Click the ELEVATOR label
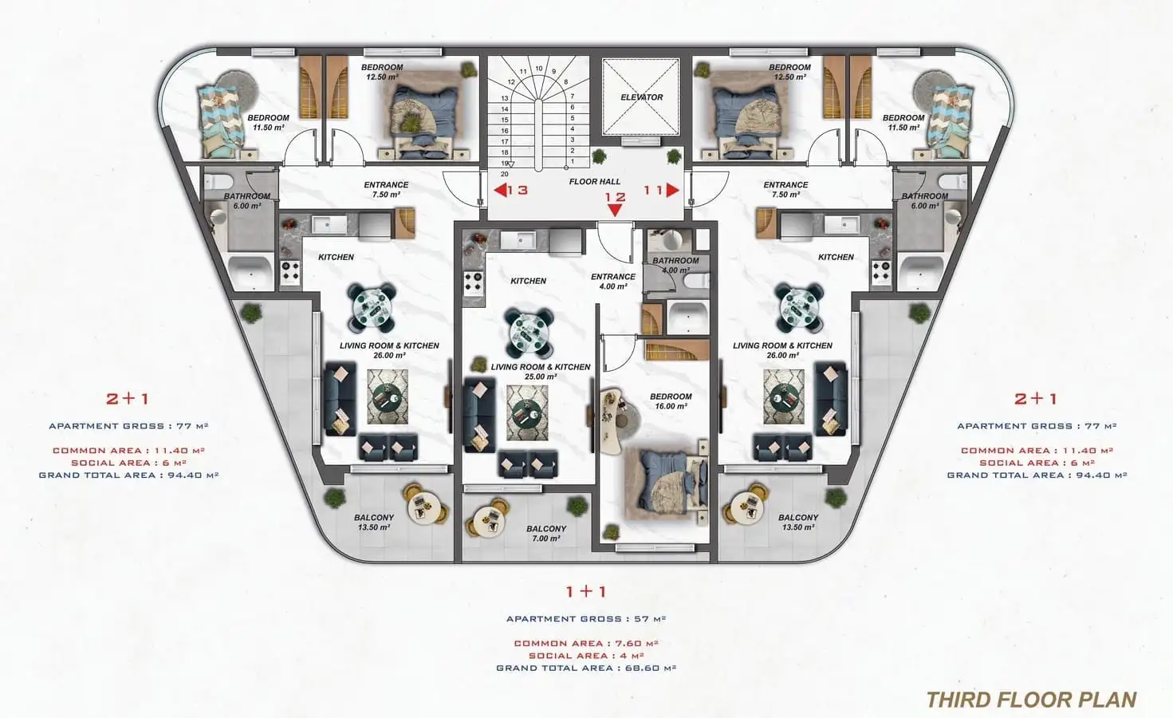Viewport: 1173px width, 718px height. coord(641,97)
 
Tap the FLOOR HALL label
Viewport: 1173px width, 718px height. coord(594,181)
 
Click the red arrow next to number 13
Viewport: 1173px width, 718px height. coord(500,190)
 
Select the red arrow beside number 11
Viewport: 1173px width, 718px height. coord(673,190)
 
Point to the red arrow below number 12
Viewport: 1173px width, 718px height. coord(616,210)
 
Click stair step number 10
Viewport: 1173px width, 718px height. coord(539,69)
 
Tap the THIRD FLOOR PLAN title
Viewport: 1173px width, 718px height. coord(1032,700)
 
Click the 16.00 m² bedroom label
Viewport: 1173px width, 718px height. coord(671,401)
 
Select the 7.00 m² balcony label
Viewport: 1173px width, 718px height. coord(546,534)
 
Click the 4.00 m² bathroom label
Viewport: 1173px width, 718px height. coord(675,265)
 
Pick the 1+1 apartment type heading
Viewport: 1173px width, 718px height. coord(586,592)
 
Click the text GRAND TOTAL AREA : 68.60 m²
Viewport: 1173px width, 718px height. coord(586,669)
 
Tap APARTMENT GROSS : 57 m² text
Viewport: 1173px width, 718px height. coord(586,619)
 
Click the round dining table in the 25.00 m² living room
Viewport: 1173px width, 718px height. coord(529,332)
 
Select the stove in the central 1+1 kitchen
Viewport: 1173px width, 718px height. coord(473,282)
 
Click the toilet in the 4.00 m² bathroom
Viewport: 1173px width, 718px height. coord(696,281)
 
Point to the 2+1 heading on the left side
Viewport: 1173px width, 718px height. coord(128,399)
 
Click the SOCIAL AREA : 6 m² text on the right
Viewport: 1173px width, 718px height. coord(1037,463)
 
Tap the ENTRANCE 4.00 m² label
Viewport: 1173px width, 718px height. coord(613,282)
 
